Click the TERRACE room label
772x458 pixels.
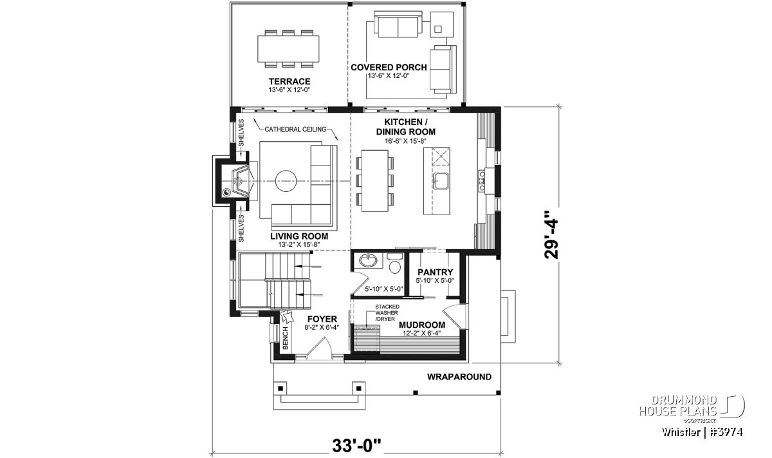click(x=289, y=81)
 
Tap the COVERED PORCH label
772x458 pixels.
click(x=389, y=67)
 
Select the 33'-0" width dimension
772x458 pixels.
click(x=356, y=445)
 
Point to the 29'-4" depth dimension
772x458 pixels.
click(x=551, y=239)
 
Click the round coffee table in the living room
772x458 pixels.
click(x=286, y=181)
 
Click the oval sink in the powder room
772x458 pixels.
click(x=369, y=261)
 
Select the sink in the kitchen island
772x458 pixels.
click(x=441, y=181)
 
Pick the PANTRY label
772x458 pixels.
click(x=436, y=272)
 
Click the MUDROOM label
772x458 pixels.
click(x=422, y=325)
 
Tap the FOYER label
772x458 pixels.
click(x=322, y=319)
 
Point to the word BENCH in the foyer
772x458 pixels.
click(x=286, y=338)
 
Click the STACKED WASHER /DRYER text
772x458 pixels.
click(x=387, y=312)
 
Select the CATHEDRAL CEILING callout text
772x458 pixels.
click(x=295, y=129)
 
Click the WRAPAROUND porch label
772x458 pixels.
click(x=459, y=377)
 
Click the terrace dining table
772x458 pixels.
click(x=288, y=49)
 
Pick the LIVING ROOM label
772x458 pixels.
click(x=299, y=236)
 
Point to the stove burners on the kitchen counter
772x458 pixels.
click(x=481, y=180)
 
